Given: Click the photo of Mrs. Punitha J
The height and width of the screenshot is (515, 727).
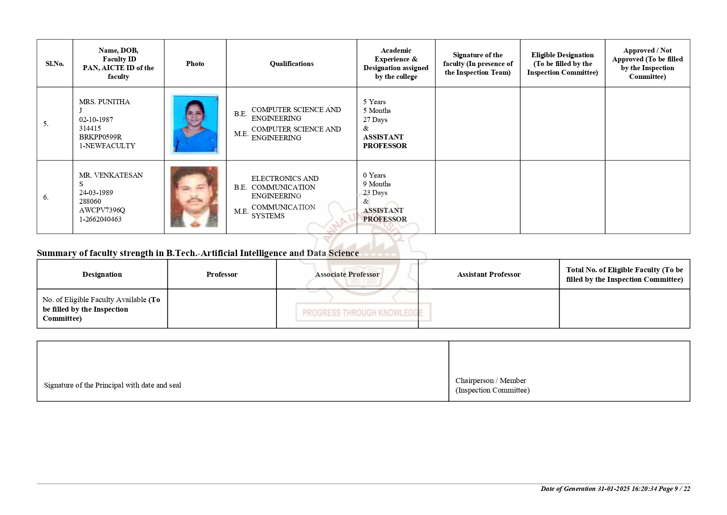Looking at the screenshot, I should tap(194, 124).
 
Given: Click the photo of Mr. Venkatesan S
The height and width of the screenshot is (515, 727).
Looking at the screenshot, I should tap(194, 197).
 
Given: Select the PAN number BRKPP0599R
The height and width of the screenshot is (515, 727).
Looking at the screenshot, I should tap(100, 137).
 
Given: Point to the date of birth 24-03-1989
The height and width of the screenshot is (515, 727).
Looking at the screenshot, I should tap(96, 193).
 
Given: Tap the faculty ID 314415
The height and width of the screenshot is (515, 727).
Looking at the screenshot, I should tap(90, 128).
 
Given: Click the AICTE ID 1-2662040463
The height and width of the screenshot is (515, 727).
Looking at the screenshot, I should tap(100, 219).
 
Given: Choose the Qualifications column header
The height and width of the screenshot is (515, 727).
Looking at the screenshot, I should tap(291, 63).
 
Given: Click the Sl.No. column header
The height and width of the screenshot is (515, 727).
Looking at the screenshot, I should tap(55, 63).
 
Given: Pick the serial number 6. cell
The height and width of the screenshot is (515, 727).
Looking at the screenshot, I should tap(46, 197).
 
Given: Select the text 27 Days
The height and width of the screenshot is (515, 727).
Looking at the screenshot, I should tap(375, 120).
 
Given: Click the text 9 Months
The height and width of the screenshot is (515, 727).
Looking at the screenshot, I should tap(377, 184).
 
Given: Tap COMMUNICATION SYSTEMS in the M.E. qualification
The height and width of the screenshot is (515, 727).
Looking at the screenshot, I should tap(283, 211).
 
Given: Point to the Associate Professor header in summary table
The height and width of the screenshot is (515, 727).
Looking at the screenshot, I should tap(347, 274).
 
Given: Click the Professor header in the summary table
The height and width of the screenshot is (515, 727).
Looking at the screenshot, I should tap(222, 274).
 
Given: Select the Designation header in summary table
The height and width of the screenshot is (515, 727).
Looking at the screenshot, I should tap(102, 274).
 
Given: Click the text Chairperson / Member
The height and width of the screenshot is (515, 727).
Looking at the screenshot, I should tap(490, 381).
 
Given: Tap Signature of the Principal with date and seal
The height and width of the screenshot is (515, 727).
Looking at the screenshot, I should tap(112, 385).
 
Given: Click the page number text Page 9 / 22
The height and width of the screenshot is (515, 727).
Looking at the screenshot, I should tap(674, 488).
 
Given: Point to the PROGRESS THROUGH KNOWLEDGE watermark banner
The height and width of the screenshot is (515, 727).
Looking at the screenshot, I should tap(363, 312).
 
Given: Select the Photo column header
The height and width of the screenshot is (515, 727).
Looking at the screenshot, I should tap(195, 63).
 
